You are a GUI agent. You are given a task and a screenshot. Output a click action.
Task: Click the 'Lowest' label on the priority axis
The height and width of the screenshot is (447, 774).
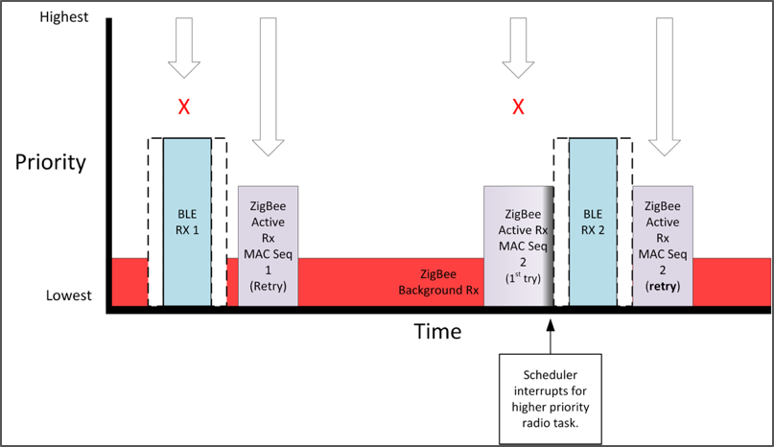coord(69,294)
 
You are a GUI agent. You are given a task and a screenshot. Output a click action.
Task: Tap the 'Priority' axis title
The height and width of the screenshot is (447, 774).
coord(51,161)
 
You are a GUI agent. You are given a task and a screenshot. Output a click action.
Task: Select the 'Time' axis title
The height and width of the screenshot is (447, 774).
coord(437,332)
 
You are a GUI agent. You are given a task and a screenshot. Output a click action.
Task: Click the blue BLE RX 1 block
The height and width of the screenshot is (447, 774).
coord(187,222)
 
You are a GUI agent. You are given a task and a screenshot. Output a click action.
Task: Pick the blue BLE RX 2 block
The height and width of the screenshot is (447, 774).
coord(593,222)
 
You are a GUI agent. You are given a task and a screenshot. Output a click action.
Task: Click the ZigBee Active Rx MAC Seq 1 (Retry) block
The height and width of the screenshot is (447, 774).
coord(268,246)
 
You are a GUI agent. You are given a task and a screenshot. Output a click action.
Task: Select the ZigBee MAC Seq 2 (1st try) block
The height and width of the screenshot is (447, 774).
coord(518,246)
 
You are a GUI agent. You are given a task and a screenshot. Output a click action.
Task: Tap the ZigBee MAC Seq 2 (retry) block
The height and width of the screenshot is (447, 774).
coord(663,246)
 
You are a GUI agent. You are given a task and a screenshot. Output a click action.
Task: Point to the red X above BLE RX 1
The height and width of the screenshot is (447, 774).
coord(184,106)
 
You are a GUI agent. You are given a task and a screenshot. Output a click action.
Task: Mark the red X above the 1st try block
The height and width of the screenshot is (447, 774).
coord(518,106)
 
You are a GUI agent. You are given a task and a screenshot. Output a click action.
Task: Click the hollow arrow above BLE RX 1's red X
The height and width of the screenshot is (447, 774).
coord(184,48)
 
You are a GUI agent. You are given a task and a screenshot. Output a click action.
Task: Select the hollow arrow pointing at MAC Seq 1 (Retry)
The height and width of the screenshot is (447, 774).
coord(268,86)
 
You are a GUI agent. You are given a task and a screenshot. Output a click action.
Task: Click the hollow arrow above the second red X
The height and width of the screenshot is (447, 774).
coord(518,48)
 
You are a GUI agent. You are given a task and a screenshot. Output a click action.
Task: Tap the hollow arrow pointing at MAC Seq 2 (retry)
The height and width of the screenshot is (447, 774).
coord(663,86)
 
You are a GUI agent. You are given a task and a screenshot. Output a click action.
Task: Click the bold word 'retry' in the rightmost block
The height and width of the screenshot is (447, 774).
coord(663,287)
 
